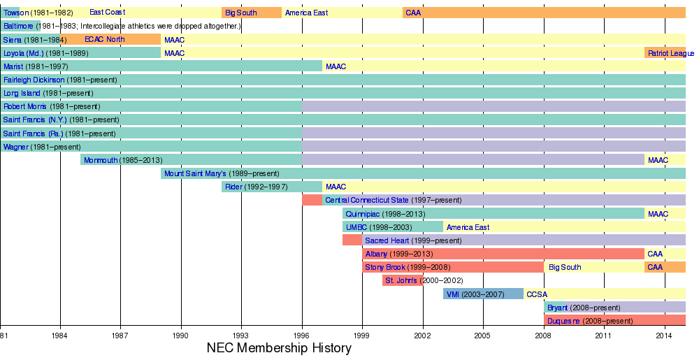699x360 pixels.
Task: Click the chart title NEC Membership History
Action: tap(279, 347)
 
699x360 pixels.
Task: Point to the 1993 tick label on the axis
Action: tap(242, 336)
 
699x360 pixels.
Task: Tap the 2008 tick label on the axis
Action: tap(544, 336)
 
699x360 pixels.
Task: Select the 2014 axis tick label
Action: tap(665, 336)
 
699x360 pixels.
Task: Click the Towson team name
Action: tap(16, 13)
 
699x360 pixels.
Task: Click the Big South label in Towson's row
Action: tap(240, 13)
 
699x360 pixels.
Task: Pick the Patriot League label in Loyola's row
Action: tap(670, 53)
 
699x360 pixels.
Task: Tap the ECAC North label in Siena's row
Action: tap(104, 39)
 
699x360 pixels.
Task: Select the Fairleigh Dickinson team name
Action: tap(34, 80)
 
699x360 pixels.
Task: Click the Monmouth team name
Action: tap(100, 160)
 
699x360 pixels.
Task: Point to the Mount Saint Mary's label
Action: tap(195, 173)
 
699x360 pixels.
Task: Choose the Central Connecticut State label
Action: tap(367, 200)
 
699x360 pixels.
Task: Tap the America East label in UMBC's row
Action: tap(468, 227)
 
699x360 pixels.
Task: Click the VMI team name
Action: tap(453, 294)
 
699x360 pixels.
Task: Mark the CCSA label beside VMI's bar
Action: tap(536, 294)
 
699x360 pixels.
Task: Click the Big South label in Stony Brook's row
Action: tap(564, 267)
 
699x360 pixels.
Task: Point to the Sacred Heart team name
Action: tap(387, 240)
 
